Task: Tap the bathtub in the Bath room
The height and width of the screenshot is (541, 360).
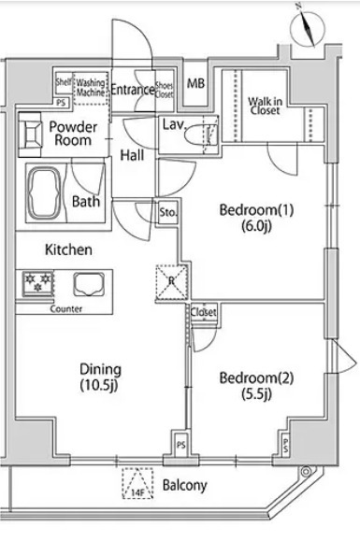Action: [x=44, y=193]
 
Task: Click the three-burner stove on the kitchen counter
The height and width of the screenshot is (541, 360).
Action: [x=37, y=284]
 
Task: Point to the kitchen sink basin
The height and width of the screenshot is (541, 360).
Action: [x=89, y=284]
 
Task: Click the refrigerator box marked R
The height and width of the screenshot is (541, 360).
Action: [x=172, y=281]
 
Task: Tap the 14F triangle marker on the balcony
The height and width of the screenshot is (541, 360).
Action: [x=137, y=483]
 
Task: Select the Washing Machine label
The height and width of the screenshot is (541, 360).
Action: [x=91, y=88]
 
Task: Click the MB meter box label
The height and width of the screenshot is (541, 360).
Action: [x=195, y=83]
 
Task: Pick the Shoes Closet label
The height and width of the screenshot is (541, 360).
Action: [x=164, y=90]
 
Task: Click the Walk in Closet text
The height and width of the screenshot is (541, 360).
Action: [x=265, y=106]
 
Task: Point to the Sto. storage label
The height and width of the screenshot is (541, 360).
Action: [x=168, y=212]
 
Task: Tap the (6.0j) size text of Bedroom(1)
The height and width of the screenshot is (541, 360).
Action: [x=256, y=226]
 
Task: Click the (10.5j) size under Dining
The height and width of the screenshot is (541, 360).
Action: [x=99, y=385]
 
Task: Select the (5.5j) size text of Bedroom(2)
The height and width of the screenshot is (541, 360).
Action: [x=256, y=393]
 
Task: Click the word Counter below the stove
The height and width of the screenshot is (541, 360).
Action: [x=66, y=308]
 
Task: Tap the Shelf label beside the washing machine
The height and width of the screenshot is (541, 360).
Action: [x=64, y=82]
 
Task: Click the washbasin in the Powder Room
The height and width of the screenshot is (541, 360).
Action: [x=30, y=135]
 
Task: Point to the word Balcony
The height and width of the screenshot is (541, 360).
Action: [x=184, y=486]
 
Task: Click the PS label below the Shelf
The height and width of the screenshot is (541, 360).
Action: [x=61, y=103]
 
